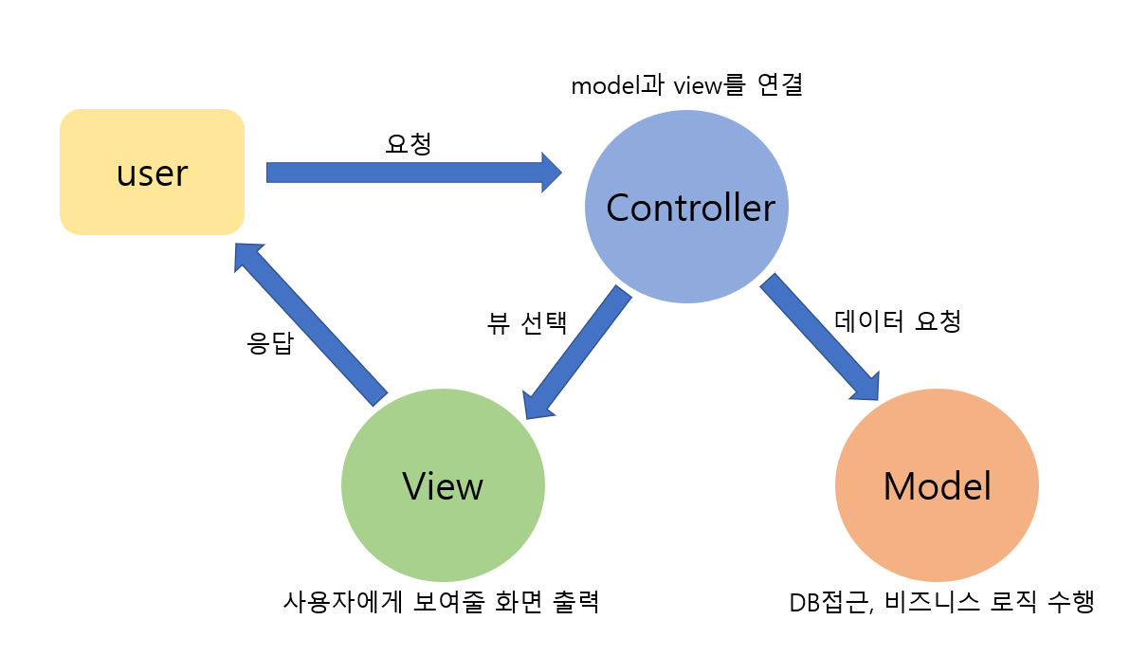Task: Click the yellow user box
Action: tap(152, 172)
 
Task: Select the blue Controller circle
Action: tap(687, 207)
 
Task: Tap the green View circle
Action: tap(443, 485)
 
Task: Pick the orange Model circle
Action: tap(937, 485)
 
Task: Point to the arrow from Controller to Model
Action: tap(820, 337)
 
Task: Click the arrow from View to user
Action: tap(311, 324)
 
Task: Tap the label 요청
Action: tap(409, 144)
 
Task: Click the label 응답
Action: tap(270, 342)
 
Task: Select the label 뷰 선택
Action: tap(526, 324)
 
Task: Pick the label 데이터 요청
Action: tap(898, 320)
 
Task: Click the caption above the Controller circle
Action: tap(687, 85)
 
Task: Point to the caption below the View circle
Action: tap(441, 602)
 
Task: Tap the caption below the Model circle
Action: tap(941, 602)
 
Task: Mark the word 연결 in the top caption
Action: tap(780, 85)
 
